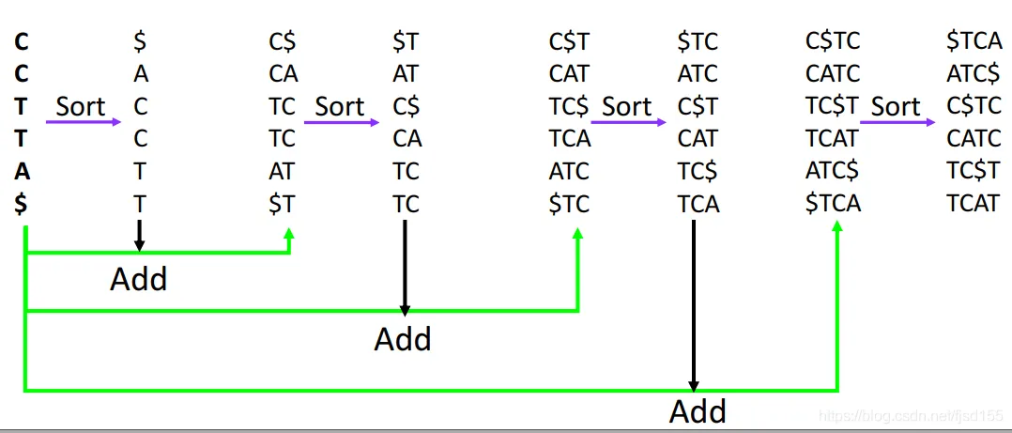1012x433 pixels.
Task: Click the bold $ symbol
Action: pos(20,204)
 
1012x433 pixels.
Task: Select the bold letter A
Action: pos(20,171)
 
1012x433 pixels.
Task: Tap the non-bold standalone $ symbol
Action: pos(140,41)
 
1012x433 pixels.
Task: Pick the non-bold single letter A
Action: pos(140,74)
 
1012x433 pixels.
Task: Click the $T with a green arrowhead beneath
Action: pos(282,204)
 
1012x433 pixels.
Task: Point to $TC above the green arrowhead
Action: pos(569,204)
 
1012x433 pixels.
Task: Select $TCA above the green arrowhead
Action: pos(833,204)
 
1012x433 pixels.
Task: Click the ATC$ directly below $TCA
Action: pos(974,74)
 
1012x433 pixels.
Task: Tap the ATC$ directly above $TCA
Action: pos(833,171)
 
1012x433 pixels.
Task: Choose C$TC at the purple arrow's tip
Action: pos(974,106)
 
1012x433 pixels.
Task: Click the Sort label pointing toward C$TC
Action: pos(896,106)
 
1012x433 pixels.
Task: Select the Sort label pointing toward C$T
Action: pos(626,106)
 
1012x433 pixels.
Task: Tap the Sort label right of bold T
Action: pos(80,106)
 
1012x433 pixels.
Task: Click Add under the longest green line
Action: pos(698,411)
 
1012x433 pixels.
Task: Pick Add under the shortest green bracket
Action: pos(139,279)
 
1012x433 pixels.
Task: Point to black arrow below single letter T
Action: pos(139,235)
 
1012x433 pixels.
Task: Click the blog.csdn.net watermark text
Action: pos(910,414)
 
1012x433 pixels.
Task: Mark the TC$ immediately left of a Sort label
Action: pos(569,106)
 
